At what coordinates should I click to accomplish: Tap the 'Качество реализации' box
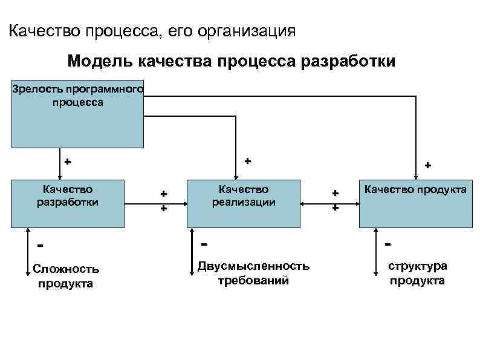244,203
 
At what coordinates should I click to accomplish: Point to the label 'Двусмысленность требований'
253,273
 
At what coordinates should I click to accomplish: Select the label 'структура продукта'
417,273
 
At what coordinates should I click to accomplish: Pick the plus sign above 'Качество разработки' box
67,162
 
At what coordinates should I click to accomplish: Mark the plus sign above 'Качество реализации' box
247,162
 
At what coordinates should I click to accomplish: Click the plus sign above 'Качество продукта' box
427,165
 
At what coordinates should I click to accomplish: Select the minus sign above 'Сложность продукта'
40,246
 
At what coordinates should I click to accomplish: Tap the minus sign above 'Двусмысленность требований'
204,244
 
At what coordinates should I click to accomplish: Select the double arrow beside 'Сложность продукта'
28,251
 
